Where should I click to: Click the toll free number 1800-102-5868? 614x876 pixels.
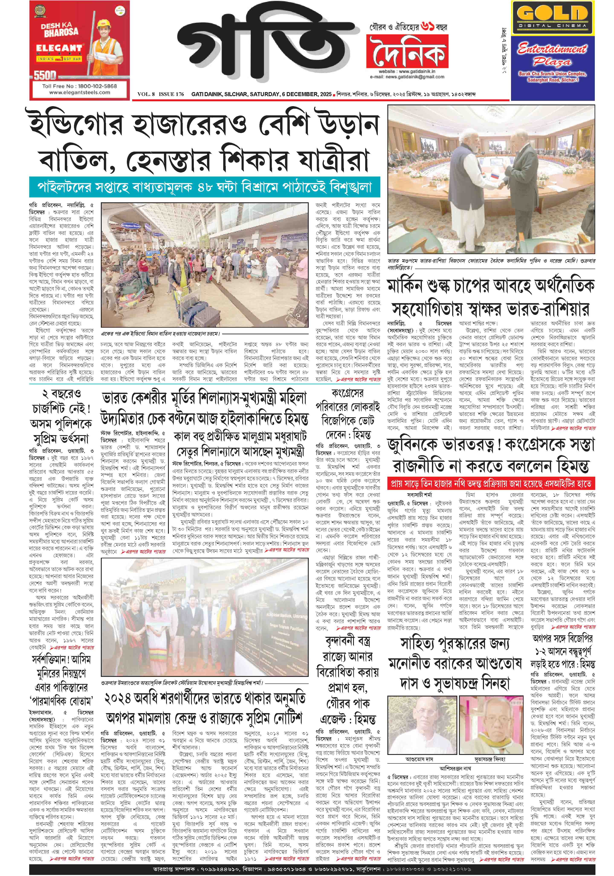tap(79, 86)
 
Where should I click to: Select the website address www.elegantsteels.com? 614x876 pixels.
tap(79, 92)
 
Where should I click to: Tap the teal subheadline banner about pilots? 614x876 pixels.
tap(204, 187)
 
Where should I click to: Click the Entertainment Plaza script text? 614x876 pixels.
tap(552, 54)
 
